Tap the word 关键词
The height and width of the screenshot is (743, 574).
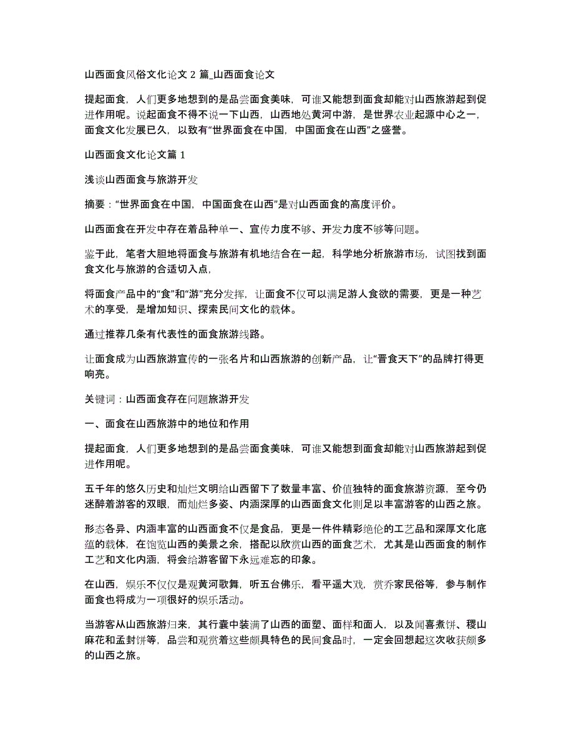pos(99,399)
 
